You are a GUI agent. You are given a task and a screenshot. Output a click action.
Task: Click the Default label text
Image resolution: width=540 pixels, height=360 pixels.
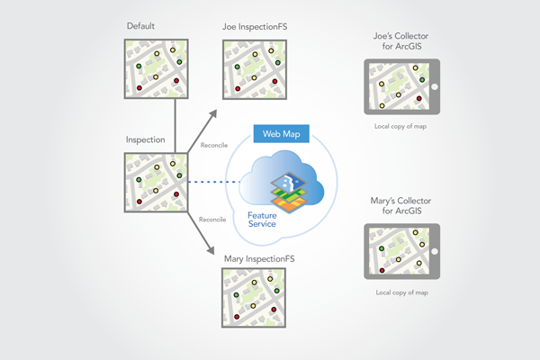[140, 27]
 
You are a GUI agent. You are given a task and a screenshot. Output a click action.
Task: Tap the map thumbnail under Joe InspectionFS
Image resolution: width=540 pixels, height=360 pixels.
[254, 68]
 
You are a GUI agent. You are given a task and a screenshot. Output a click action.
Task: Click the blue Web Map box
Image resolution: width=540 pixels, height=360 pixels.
[281, 134]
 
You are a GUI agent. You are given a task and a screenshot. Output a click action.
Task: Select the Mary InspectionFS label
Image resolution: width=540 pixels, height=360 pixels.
[259, 259]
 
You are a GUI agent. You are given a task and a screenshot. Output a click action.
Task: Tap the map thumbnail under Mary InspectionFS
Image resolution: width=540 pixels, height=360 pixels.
[255, 299]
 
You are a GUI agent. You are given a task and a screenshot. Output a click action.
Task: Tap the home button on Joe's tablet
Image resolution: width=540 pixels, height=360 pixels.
[434, 87]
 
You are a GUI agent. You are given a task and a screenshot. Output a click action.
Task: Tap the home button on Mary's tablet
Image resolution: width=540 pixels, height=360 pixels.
[434, 251]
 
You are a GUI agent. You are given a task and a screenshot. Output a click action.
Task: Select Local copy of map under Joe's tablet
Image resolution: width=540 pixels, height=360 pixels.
[400, 127]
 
